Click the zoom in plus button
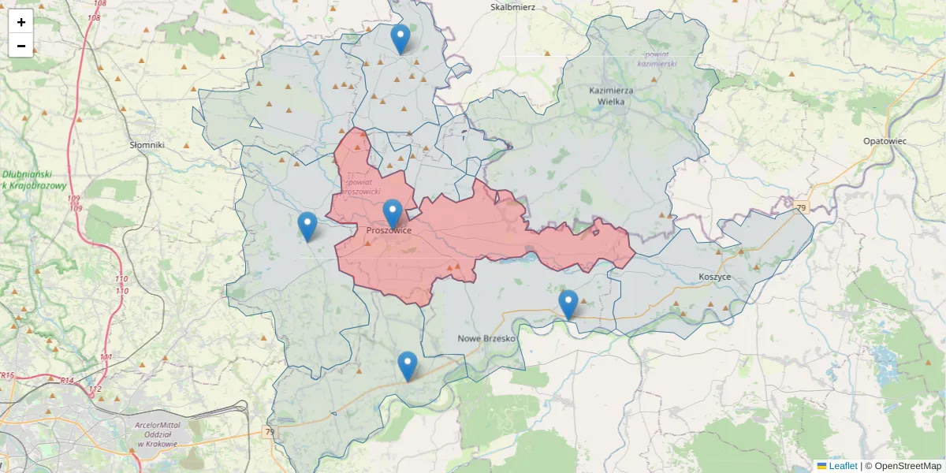[21, 21]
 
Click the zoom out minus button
[21, 46]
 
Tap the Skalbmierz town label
[512, 7]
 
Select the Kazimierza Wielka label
[611, 95]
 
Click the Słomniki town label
[147, 145]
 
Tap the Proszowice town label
[389, 230]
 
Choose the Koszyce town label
[714, 277]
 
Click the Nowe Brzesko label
[486, 338]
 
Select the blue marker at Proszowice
[393, 214]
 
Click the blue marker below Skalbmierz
[400, 39]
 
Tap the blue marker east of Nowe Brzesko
[568, 304]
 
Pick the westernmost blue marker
[307, 226]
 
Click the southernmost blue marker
[407, 366]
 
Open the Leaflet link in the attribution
[843, 466]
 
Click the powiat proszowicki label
[363, 186]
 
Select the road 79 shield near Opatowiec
[802, 207]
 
